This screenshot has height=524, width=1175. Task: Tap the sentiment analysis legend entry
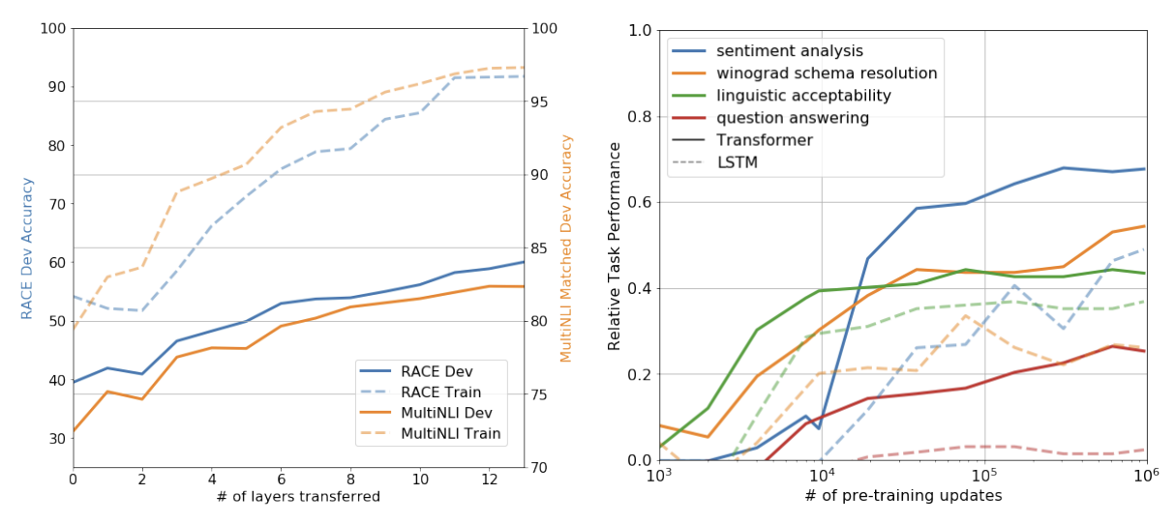[789, 51]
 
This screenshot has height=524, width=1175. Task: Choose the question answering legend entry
[793, 118]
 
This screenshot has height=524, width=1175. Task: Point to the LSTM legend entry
[737, 162]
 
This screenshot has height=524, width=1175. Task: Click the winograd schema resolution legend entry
[827, 73]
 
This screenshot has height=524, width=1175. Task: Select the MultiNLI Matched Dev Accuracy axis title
[567, 247]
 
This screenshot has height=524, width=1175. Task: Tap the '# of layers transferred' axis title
[299, 497]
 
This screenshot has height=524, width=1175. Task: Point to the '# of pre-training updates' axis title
[903, 496]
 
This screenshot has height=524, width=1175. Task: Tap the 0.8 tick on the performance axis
[639, 117]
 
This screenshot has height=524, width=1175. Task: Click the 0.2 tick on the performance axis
[639, 375]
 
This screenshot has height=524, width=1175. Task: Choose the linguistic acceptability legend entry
[803, 96]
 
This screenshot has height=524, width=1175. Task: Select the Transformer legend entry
[765, 140]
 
